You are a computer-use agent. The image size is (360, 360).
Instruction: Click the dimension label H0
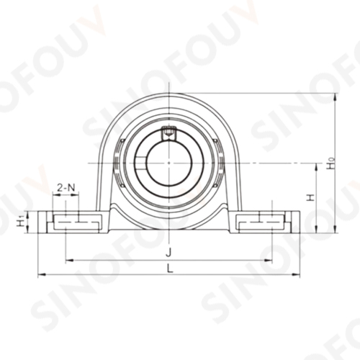(331, 163)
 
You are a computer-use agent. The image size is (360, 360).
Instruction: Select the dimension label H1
(21, 221)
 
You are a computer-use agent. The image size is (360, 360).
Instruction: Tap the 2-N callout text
(65, 187)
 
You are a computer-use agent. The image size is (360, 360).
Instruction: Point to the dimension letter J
(168, 252)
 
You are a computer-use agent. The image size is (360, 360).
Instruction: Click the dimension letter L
(170, 268)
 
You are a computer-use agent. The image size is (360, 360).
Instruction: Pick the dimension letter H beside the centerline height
(311, 197)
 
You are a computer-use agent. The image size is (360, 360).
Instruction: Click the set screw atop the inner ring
(168, 132)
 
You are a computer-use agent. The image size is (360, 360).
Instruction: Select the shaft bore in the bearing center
(168, 163)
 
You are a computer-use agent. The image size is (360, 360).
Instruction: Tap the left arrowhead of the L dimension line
(42, 274)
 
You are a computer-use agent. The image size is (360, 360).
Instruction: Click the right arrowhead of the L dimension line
(296, 274)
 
